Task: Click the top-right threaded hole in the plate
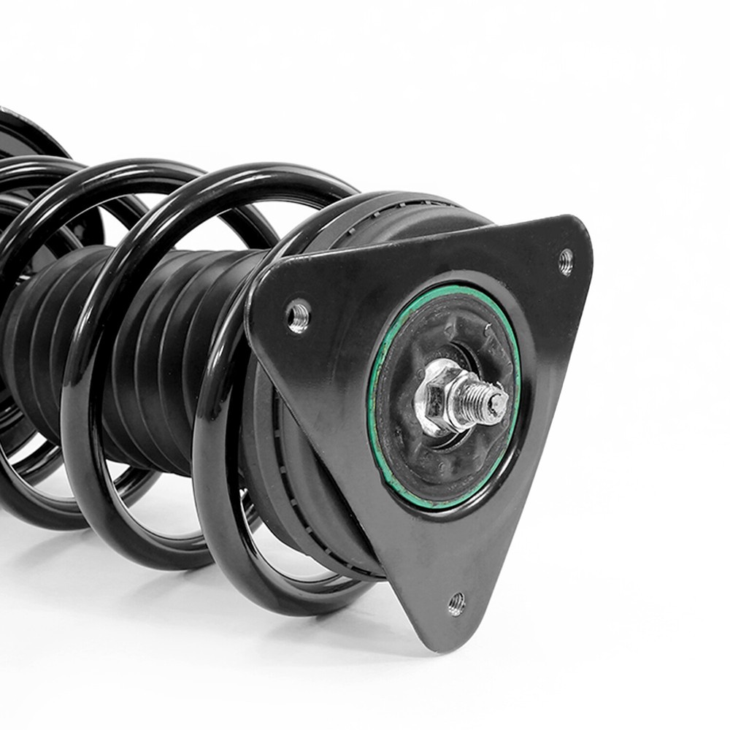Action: pos(566,261)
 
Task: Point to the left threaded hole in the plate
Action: pos(298,316)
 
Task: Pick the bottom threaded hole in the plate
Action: pos(456,603)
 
